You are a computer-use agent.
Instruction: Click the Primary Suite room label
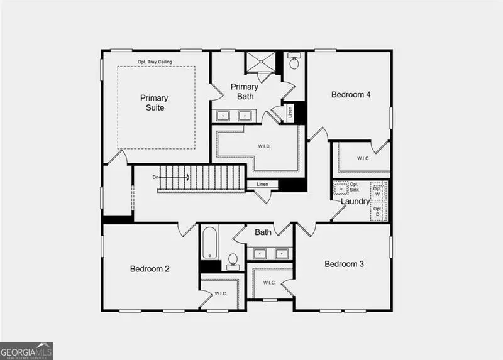[154, 102]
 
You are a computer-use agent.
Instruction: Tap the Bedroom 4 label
[351, 94]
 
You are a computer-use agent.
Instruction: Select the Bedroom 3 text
[344, 264]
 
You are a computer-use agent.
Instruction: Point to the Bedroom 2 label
[150, 269]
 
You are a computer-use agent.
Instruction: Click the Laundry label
[355, 202]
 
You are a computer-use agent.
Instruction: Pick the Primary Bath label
[244, 91]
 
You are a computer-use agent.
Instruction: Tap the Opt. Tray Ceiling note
[155, 62]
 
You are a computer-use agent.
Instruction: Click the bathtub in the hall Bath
[209, 244]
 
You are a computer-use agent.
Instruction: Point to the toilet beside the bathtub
[233, 261]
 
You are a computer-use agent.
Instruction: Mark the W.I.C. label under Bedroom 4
[363, 158]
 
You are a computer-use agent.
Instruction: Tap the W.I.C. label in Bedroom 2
[220, 293]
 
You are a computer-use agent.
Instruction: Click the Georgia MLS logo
[26, 351]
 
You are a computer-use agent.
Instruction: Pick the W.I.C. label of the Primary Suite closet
[264, 147]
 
